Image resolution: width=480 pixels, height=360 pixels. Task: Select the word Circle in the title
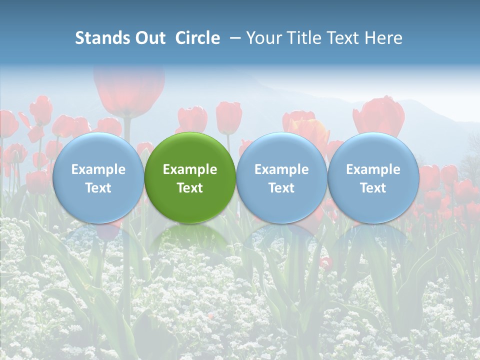click(197, 38)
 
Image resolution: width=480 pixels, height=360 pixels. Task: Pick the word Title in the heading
click(300, 38)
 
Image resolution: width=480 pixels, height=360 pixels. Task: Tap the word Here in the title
click(382, 38)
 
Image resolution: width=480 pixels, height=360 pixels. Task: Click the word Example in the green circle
click(190, 169)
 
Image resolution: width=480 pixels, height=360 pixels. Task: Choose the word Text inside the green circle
click(190, 188)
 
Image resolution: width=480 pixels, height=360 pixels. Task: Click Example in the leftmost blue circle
click(98, 169)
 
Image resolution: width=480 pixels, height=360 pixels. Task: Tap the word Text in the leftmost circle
click(98, 188)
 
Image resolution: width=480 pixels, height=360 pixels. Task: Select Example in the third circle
click(281, 169)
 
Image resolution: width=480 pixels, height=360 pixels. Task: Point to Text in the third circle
click(281, 188)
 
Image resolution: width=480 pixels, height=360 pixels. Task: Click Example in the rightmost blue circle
click(373, 169)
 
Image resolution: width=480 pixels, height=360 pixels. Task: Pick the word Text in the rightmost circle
click(373, 188)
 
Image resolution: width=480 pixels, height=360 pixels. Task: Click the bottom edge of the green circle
click(190, 222)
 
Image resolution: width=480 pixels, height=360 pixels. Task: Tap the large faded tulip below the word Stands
click(129, 90)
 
